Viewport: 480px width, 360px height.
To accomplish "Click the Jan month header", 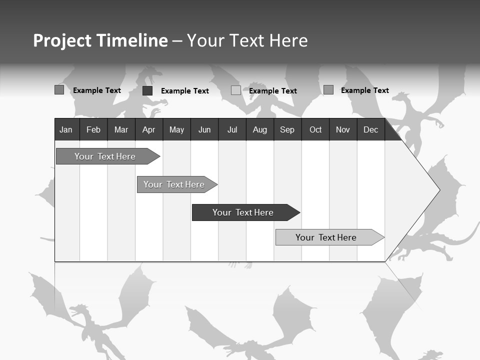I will point(66,129).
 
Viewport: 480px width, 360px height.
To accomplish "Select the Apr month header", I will point(148,129).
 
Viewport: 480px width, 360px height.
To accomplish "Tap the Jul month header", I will point(232,129).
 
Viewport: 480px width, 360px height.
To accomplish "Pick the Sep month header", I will point(287,129).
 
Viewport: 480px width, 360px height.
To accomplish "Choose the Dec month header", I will point(370,129).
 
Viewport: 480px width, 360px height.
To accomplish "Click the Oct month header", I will point(315,129).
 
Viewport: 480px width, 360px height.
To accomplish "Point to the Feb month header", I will point(93,129).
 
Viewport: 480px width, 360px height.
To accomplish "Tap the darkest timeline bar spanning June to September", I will point(243,212).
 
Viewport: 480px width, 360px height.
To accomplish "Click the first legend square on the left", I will point(59,90).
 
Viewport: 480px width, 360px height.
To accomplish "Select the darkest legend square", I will point(147,90).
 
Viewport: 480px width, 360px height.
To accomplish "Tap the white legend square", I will point(236,90).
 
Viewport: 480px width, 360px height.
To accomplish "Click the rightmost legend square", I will point(328,90).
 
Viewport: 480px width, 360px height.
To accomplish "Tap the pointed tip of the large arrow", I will point(438,190).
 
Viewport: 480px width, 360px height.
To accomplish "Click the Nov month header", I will point(343,129).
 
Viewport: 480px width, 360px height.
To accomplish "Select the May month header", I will point(176,129).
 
